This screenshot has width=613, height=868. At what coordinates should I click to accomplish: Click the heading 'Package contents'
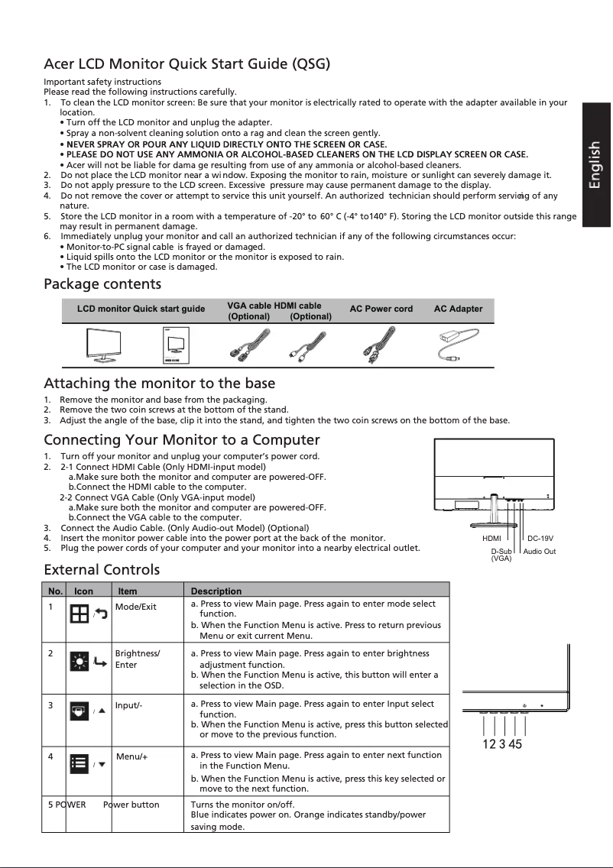[x=102, y=285]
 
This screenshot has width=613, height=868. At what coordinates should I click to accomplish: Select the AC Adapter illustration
[x=458, y=345]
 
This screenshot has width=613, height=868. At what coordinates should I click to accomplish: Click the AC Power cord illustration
[x=381, y=345]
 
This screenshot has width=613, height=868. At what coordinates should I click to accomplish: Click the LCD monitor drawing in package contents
[x=106, y=346]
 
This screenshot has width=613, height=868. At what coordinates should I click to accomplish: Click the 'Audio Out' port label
[x=540, y=551]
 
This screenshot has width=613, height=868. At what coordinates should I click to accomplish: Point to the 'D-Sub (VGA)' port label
[x=501, y=554]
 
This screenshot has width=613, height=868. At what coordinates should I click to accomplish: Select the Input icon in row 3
[x=79, y=711]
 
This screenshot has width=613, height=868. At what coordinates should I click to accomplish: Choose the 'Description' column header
[x=216, y=591]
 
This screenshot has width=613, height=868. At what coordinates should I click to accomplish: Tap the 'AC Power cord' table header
[x=381, y=309]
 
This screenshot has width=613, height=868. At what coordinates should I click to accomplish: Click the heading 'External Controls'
[x=102, y=570]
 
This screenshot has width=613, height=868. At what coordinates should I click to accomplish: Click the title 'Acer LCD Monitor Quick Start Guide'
[x=186, y=63]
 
